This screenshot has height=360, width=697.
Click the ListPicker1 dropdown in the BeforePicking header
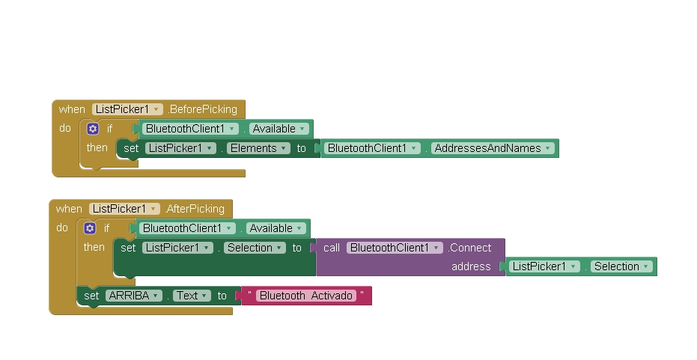[x=127, y=109]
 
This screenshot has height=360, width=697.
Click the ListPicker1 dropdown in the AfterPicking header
[x=124, y=209]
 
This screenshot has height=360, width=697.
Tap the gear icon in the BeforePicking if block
[x=93, y=129]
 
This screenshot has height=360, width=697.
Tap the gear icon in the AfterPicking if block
[x=90, y=228]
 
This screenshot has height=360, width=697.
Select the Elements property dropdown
[x=259, y=148]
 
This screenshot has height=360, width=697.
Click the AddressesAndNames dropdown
[x=493, y=148]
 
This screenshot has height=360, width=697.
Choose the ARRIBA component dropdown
[x=134, y=296]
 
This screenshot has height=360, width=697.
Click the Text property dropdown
[x=192, y=296]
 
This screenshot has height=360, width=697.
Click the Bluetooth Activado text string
[x=306, y=296]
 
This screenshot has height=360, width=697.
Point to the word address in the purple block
[x=471, y=266]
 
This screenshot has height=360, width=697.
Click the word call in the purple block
[x=332, y=248]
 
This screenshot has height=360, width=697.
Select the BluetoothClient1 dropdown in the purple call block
[x=395, y=248]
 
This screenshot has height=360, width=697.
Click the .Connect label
[x=470, y=248]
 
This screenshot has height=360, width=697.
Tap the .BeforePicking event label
[x=203, y=109]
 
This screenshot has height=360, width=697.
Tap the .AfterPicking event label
[x=195, y=209]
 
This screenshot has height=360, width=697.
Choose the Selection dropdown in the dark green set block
[x=255, y=248]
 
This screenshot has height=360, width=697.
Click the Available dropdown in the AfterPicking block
[x=276, y=228]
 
